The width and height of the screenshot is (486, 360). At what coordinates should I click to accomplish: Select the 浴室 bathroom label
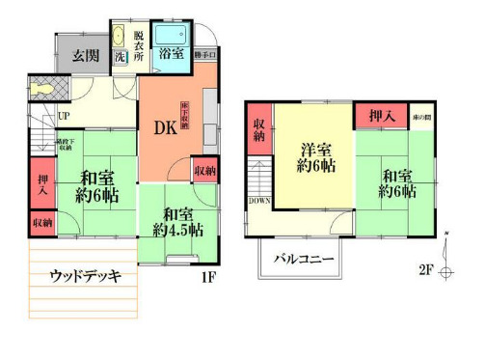[x=172, y=55]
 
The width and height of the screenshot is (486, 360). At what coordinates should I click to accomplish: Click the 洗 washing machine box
[x=120, y=57]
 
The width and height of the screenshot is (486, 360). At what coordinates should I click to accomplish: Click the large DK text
[x=164, y=126]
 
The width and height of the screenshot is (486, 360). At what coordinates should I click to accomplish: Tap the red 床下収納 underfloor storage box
[x=183, y=115]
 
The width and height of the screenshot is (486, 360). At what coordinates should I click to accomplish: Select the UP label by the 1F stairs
[x=64, y=117]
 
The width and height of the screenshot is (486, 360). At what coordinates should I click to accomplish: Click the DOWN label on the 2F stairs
[x=259, y=201]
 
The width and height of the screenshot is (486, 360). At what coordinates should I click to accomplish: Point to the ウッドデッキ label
[x=85, y=277]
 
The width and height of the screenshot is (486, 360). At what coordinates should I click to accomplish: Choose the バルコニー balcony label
[x=303, y=260]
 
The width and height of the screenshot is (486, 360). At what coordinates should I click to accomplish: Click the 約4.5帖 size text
[x=177, y=231]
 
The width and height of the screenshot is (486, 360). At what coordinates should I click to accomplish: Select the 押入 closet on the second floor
[x=383, y=116]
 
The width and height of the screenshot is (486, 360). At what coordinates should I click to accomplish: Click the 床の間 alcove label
[x=422, y=116]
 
